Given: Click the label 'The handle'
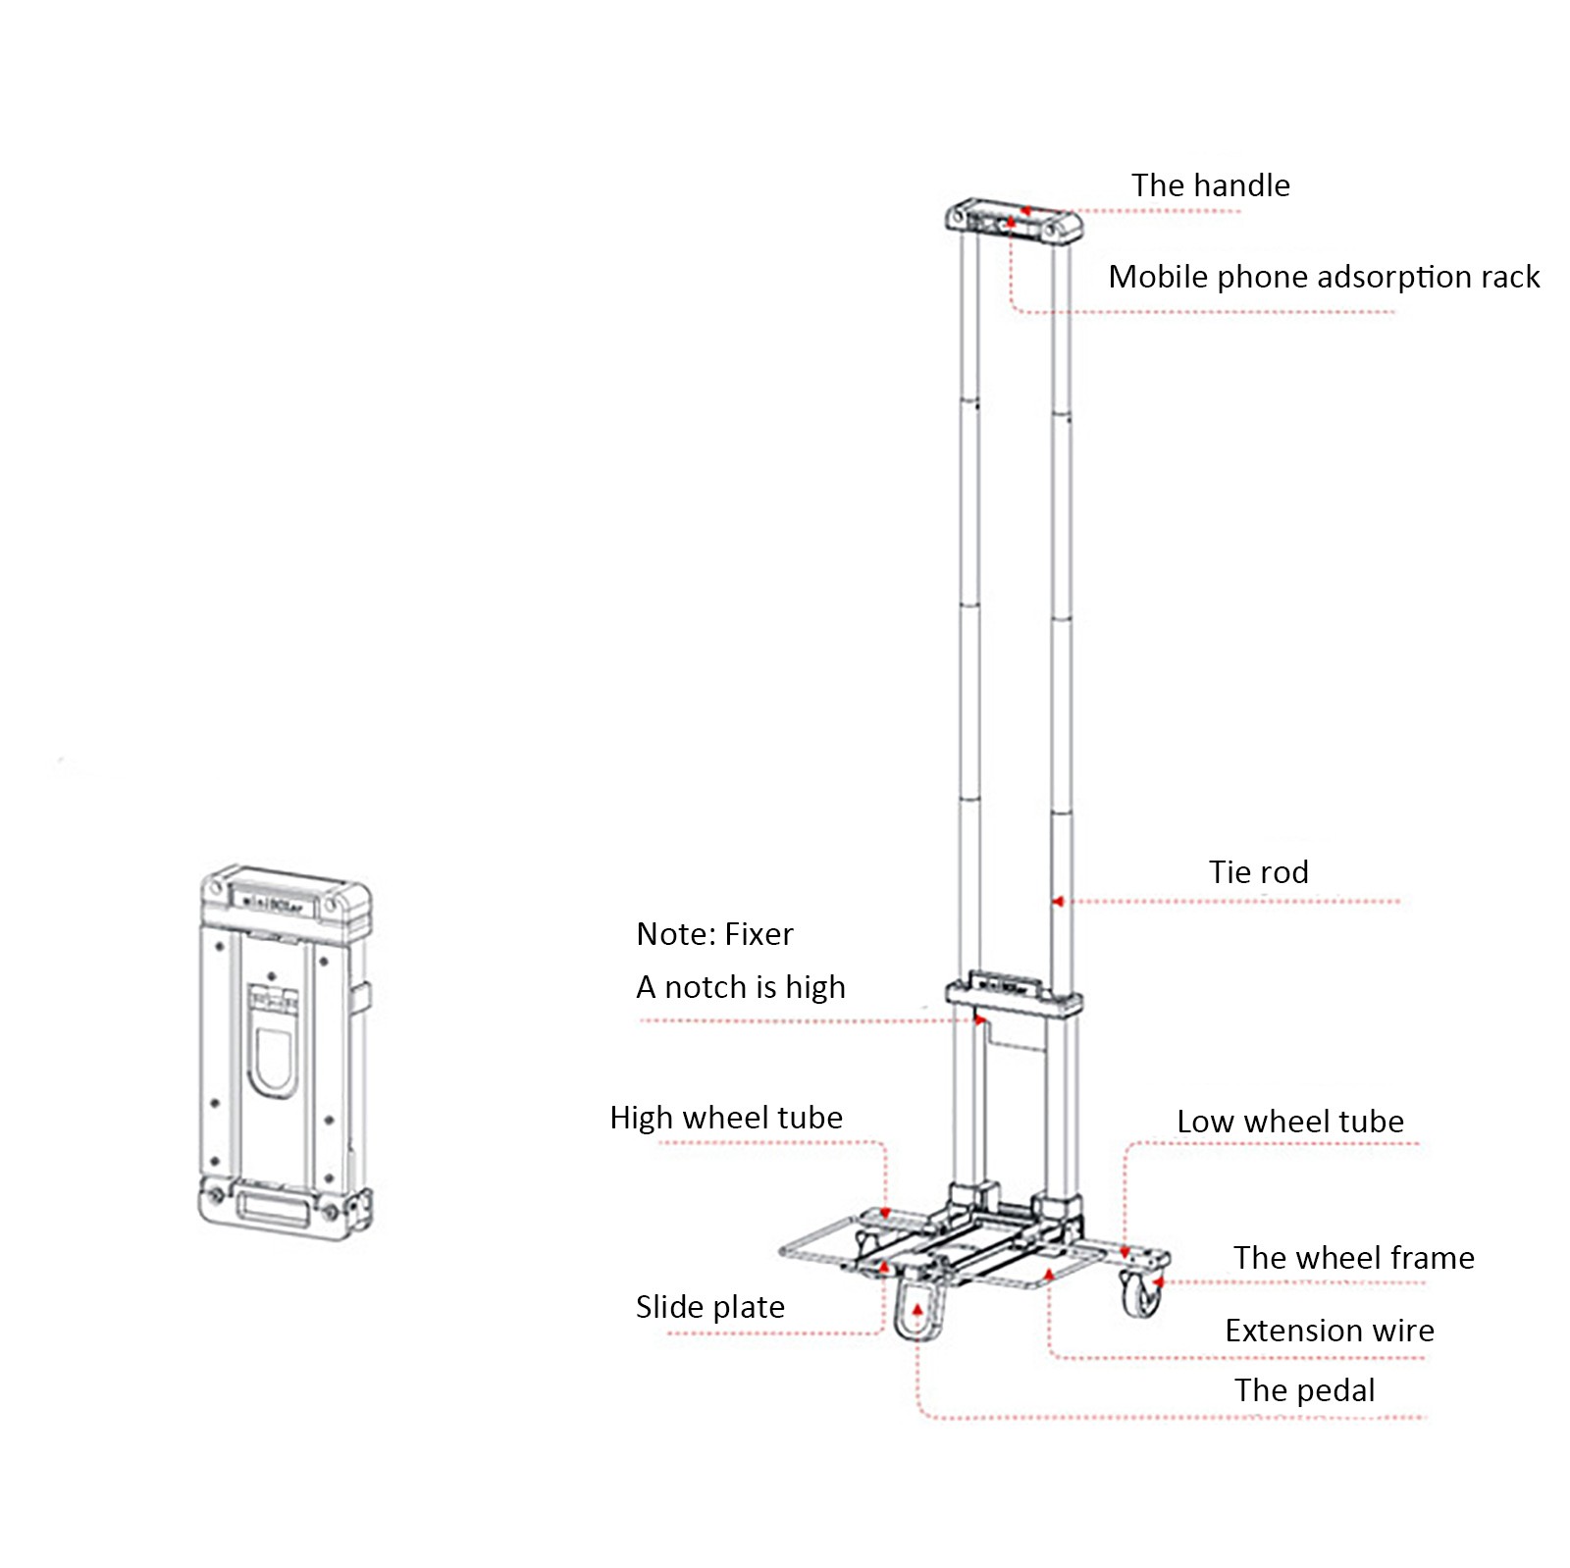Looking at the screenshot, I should [x=1210, y=185].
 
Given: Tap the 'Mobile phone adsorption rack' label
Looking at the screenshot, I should [x=1323, y=277].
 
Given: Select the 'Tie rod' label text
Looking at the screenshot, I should [x=1258, y=871].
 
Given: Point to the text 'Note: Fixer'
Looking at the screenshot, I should [x=714, y=934].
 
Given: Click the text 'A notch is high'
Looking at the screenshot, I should [x=741, y=987].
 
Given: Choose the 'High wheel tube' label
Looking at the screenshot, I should [x=726, y=1118].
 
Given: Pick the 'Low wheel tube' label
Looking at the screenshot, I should [x=1289, y=1122].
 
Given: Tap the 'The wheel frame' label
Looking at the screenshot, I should [x=1353, y=1258].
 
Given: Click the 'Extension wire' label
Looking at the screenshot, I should [x=1330, y=1331].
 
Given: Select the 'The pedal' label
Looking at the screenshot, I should [x=1304, y=1390].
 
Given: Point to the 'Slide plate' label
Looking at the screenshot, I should [x=710, y=1307].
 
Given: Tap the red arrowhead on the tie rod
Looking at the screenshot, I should [x=1058, y=901].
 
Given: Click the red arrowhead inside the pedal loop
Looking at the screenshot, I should [x=917, y=1309].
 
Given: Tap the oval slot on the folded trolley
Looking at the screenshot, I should [x=272, y=1060].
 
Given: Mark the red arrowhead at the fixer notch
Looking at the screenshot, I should [x=979, y=1020].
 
